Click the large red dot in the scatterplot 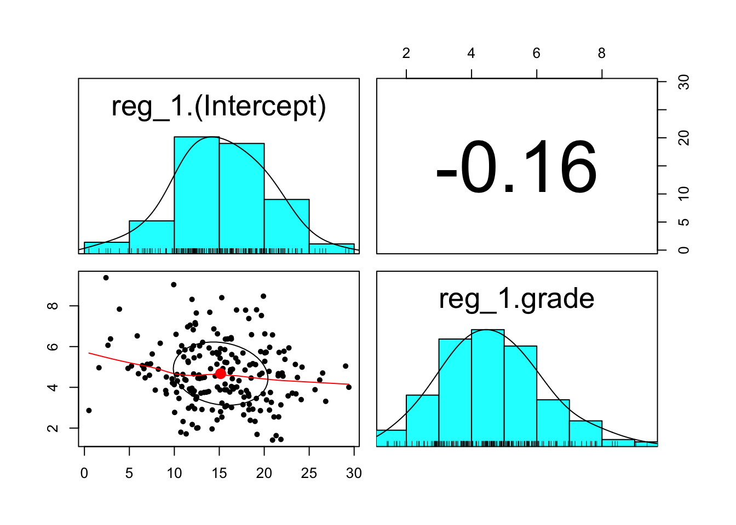coord(220,374)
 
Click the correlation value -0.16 coord(516,167)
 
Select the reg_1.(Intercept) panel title coord(219,106)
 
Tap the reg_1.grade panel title coord(516,299)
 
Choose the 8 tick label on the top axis coord(602,54)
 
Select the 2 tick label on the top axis coord(406,54)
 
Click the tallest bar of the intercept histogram coord(197,195)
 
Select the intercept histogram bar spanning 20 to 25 coord(286,225)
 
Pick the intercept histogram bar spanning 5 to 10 coord(152,236)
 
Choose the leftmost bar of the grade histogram coord(391,438)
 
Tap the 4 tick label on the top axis coord(471,54)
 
